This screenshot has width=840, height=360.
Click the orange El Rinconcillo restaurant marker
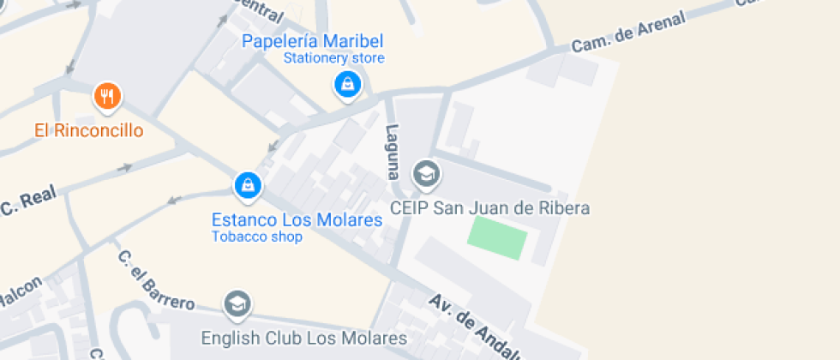click(106, 97)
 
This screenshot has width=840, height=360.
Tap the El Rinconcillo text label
click(88, 131)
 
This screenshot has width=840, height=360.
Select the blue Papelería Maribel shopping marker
click(346, 85)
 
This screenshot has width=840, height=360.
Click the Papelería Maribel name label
click(312, 41)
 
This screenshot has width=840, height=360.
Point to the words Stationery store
click(334, 58)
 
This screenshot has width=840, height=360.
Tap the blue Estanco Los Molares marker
click(247, 185)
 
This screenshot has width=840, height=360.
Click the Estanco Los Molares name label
click(297, 220)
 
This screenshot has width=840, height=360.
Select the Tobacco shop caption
click(257, 237)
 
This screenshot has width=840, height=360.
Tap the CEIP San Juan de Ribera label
click(490, 208)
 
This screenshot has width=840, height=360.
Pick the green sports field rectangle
click(497, 237)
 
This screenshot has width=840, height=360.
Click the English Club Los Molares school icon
click(237, 304)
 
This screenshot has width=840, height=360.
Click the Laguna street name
click(393, 151)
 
